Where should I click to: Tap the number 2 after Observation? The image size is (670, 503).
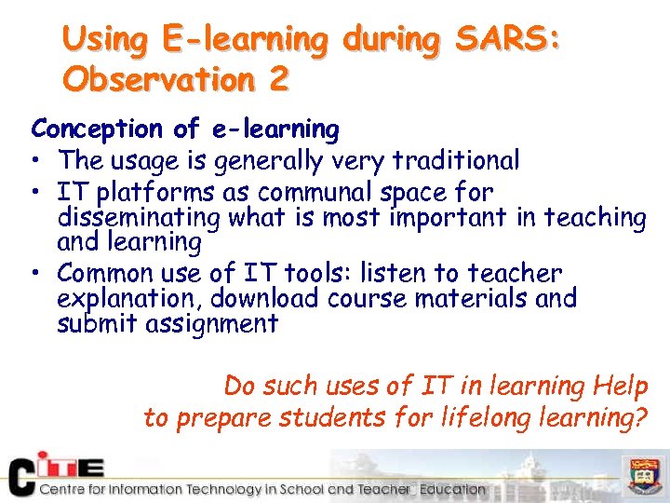277,79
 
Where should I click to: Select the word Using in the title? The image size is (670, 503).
104,40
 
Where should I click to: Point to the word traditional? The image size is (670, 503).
456,160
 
